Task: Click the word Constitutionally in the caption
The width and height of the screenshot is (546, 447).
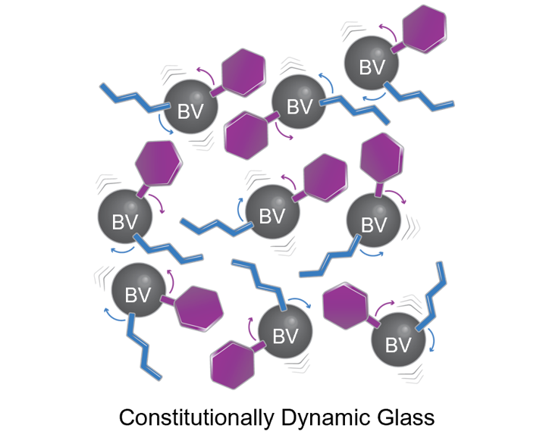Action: (196, 417)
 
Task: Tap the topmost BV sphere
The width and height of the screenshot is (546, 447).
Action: (372, 63)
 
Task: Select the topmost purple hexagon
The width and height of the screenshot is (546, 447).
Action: (424, 29)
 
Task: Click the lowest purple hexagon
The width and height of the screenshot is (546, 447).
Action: (233, 365)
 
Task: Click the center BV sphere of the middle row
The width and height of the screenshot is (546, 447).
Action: (273, 212)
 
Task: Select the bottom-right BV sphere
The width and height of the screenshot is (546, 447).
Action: (398, 339)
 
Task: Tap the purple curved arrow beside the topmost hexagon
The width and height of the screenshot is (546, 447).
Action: (388, 31)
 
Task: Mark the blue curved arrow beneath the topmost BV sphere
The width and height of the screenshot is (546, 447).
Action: (375, 98)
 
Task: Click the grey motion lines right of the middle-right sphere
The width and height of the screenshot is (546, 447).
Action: (411, 228)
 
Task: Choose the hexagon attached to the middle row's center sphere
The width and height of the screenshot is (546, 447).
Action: (325, 178)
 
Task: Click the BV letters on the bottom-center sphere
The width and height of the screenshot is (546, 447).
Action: (286, 336)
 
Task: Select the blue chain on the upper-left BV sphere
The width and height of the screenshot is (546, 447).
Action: (135, 98)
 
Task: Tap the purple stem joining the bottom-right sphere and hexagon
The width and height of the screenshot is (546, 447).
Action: (373, 321)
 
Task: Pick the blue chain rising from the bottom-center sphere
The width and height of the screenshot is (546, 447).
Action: (259, 284)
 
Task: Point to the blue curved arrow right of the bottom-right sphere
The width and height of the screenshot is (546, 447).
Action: (431, 340)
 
